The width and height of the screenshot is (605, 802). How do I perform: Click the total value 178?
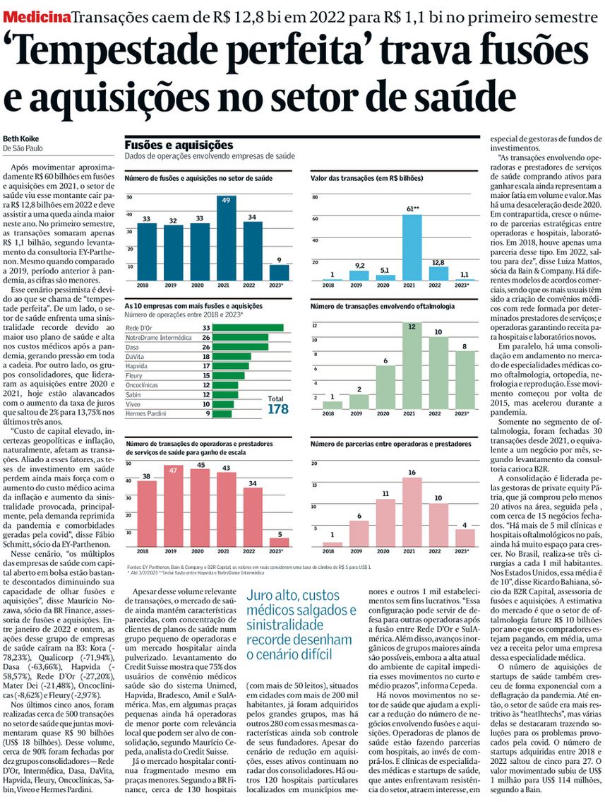point(278,408)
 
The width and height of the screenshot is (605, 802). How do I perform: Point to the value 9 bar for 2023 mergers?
point(280,273)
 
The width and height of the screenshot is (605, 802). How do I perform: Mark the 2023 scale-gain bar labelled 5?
point(280,542)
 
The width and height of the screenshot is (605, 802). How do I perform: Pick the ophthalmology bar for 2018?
point(337,405)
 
